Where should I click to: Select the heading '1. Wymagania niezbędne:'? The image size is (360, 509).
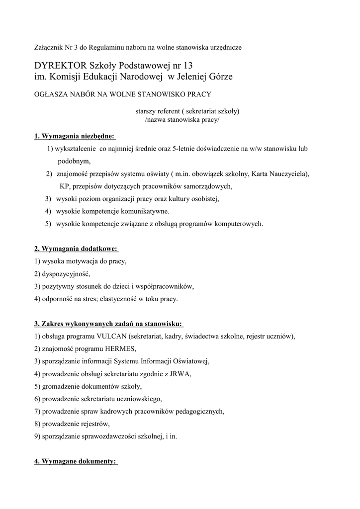75,136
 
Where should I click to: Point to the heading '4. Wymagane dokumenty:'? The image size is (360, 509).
76,461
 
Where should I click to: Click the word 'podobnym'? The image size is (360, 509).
74,162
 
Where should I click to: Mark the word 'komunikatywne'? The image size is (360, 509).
133,211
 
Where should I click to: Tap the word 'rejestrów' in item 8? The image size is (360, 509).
93,424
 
